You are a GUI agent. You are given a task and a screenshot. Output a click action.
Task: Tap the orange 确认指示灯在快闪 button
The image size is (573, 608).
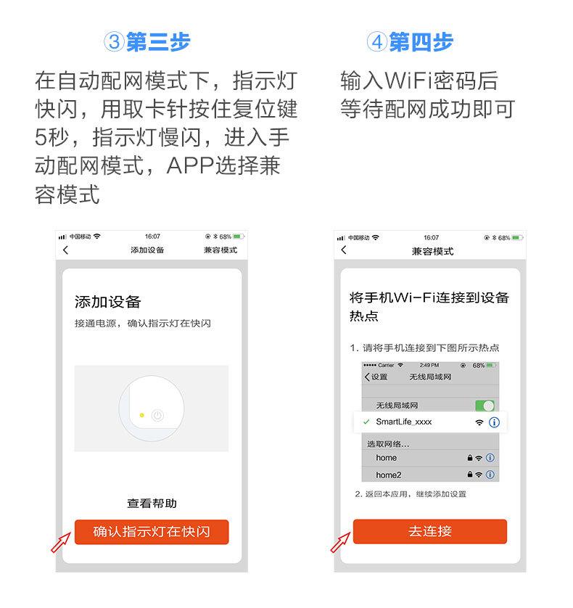coord(152,532)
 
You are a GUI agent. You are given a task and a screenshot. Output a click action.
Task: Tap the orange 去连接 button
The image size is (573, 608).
coord(429,531)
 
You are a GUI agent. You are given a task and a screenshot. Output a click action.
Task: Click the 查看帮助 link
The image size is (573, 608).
coord(152,503)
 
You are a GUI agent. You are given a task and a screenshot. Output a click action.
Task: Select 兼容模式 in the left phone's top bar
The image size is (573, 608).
coord(220,250)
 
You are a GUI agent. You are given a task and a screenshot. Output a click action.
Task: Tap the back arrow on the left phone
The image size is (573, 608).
coord(66,250)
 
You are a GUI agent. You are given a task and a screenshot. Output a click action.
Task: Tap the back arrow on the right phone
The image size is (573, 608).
coord(344,250)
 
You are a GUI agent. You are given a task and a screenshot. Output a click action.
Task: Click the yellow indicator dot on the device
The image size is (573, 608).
coord(141,416)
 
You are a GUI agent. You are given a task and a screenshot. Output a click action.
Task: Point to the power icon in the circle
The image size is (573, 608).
coord(157,416)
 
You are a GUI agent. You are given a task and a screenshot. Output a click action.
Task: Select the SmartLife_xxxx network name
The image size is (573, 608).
coord(403,422)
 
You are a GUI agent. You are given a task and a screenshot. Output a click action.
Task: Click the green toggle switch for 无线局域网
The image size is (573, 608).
coord(484,406)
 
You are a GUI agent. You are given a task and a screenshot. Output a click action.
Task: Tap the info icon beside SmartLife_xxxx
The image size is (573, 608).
coord(495,422)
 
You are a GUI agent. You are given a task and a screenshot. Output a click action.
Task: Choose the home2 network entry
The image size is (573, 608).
coord(389,475)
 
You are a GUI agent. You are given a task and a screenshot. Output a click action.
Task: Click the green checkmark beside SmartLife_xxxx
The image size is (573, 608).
coord(366,422)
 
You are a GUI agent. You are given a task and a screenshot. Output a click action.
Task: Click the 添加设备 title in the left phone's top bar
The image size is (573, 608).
coord(147,250)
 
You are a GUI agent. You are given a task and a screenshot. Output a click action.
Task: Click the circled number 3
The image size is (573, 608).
coord(114,42)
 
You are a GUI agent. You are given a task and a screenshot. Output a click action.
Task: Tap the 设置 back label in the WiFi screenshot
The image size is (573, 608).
coord(376,377)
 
